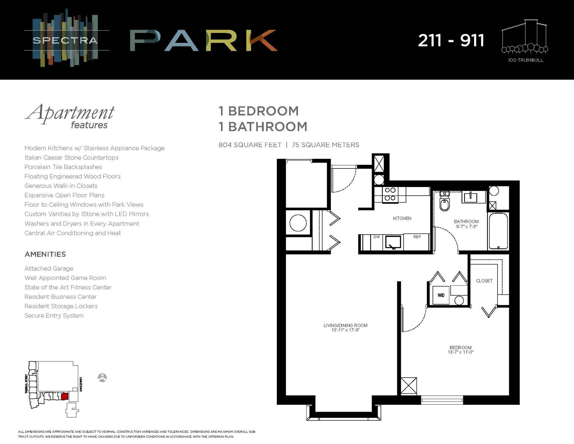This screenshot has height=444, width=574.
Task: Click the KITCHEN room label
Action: [402, 218]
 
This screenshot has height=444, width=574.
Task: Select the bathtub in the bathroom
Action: [498, 231]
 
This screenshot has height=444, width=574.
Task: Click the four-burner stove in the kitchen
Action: [390, 194]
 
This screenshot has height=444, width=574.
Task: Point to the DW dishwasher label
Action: [377, 237]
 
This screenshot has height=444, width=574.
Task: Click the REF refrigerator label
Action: [417, 237]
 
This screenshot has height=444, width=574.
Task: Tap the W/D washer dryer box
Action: [441, 295]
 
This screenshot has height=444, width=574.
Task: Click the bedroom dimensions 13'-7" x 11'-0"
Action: [460, 352]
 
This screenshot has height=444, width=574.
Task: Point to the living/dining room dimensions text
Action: [345, 330]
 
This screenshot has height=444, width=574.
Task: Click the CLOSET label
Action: [484, 281]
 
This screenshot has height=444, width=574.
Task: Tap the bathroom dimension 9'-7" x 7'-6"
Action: [466, 226]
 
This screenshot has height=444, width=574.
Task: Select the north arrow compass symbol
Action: [103, 378]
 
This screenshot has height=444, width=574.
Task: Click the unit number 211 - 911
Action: [451, 40]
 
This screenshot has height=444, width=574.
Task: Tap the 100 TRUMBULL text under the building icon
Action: [525, 60]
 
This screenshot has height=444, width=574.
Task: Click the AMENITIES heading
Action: [45, 254]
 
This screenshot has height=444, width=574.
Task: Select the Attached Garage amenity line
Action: [49, 269]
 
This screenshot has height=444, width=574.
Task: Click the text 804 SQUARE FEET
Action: [250, 145]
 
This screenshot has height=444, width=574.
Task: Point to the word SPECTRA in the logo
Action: [65, 40]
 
